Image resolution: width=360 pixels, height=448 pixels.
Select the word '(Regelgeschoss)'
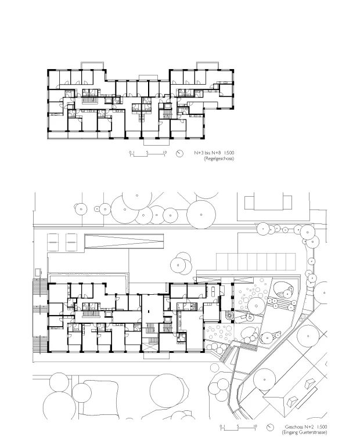click(x=219, y=158)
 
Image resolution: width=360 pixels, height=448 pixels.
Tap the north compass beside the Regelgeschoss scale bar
click(x=179, y=154)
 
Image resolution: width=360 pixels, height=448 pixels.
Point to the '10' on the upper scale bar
click(x=164, y=152)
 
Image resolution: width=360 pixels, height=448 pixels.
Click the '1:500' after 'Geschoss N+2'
click(x=322, y=427)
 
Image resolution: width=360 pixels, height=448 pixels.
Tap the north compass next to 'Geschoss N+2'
click(x=270, y=428)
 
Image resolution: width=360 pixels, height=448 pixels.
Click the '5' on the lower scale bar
click(x=237, y=426)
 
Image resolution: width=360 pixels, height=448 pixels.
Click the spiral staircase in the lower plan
click(x=229, y=316)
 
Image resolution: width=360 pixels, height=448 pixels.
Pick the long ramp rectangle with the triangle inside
click(x=124, y=241)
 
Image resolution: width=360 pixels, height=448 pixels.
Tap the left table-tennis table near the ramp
click(x=53, y=242)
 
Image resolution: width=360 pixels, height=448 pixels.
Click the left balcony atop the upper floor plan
click(x=93, y=65)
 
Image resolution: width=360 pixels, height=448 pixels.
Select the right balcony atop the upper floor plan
click(x=208, y=65)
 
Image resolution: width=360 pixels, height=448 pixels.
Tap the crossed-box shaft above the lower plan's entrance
click(x=150, y=348)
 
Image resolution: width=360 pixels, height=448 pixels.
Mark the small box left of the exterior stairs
click(x=38, y=272)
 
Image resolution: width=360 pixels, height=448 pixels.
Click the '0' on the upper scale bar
click(x=130, y=152)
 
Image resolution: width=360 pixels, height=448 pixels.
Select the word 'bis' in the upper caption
click(x=208, y=153)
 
